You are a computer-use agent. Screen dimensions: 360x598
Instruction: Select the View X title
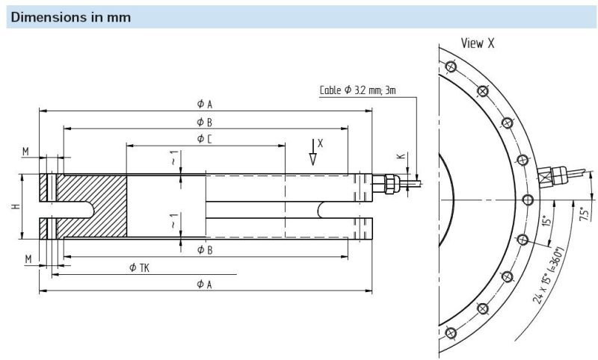click(x=478, y=43)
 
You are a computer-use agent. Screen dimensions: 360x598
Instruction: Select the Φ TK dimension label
click(x=138, y=267)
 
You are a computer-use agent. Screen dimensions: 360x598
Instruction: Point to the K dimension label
click(x=400, y=157)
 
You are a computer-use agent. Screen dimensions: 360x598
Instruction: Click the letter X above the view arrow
click(x=320, y=141)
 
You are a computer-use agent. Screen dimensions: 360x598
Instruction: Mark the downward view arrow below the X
click(x=313, y=156)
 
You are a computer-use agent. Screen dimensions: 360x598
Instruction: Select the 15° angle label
click(x=547, y=221)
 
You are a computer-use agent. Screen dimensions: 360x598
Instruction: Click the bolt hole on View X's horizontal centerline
click(x=528, y=199)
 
